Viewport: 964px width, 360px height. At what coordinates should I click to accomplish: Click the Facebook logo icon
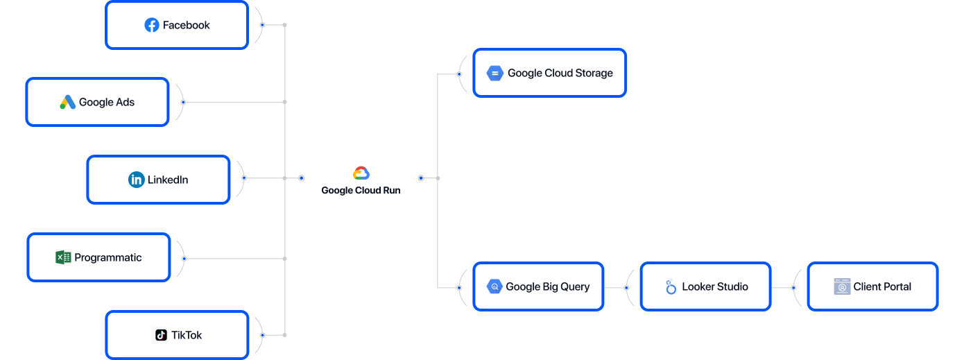pyautogui.click(x=152, y=25)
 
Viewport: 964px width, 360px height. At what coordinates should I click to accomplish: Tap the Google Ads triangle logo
pyautogui.click(x=67, y=102)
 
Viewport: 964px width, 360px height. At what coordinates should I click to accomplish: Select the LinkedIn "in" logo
pyautogui.click(x=137, y=180)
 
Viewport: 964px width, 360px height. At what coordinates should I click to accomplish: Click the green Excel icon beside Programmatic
pyautogui.click(x=63, y=257)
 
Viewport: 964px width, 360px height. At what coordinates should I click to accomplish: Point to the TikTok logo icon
pyautogui.click(x=161, y=335)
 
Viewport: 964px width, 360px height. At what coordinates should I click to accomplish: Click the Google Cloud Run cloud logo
pyautogui.click(x=361, y=173)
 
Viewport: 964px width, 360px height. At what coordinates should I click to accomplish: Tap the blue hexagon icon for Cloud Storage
pyautogui.click(x=494, y=73)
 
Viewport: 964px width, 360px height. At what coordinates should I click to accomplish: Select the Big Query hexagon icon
pyautogui.click(x=494, y=286)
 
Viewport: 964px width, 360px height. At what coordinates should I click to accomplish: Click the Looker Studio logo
pyautogui.click(x=671, y=286)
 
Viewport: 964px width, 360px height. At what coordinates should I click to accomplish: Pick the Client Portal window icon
pyautogui.click(x=842, y=286)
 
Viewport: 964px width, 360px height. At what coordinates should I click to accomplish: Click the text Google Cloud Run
pyautogui.click(x=361, y=191)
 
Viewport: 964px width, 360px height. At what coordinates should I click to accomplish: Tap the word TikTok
pyautogui.click(x=187, y=335)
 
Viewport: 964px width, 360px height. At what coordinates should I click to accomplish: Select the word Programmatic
pyautogui.click(x=108, y=257)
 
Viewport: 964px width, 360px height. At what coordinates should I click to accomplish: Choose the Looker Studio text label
pyautogui.click(x=715, y=286)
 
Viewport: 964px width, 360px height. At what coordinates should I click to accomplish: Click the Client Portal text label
pyautogui.click(x=882, y=286)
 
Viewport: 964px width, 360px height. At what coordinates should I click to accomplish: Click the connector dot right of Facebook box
pyautogui.click(x=262, y=25)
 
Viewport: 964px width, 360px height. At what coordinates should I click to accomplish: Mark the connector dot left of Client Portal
pyautogui.click(x=794, y=287)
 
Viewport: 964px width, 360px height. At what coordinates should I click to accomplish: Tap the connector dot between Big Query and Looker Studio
pyautogui.click(x=626, y=287)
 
